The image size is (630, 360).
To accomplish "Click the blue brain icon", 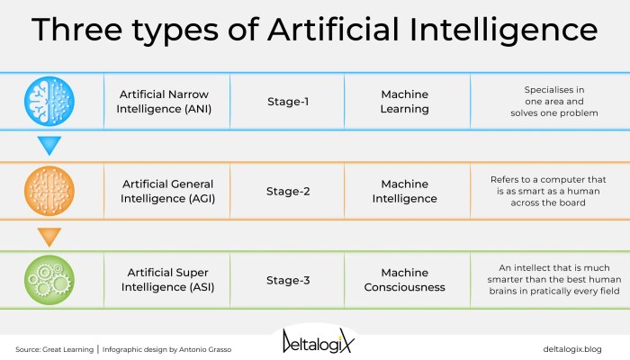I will (50, 101).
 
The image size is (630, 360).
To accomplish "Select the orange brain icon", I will (50, 191).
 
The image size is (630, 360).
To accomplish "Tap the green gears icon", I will (50, 280).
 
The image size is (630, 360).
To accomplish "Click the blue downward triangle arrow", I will (50, 146).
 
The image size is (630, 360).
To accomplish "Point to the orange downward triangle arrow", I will (50, 237).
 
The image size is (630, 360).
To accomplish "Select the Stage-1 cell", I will (288, 101).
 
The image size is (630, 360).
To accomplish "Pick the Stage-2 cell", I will (288, 191).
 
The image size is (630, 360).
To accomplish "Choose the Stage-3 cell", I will (288, 280).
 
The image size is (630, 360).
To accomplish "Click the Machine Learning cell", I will (405, 101).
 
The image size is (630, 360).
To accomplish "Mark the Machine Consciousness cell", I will (405, 280).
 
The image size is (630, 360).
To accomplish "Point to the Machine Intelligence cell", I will (405, 191).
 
